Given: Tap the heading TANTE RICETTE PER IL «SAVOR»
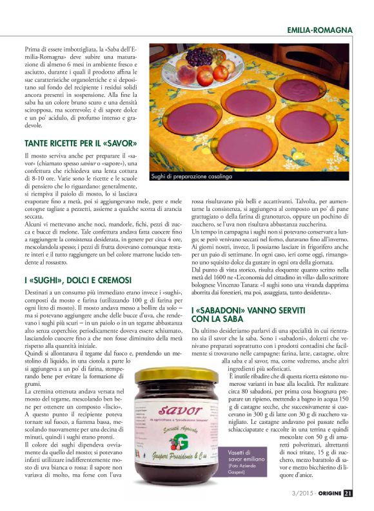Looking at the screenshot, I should click(81, 143).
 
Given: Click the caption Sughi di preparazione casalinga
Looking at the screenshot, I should click(191, 176).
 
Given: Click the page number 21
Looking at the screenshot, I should click(348, 494).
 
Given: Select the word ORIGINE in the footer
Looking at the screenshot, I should click(328, 494).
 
